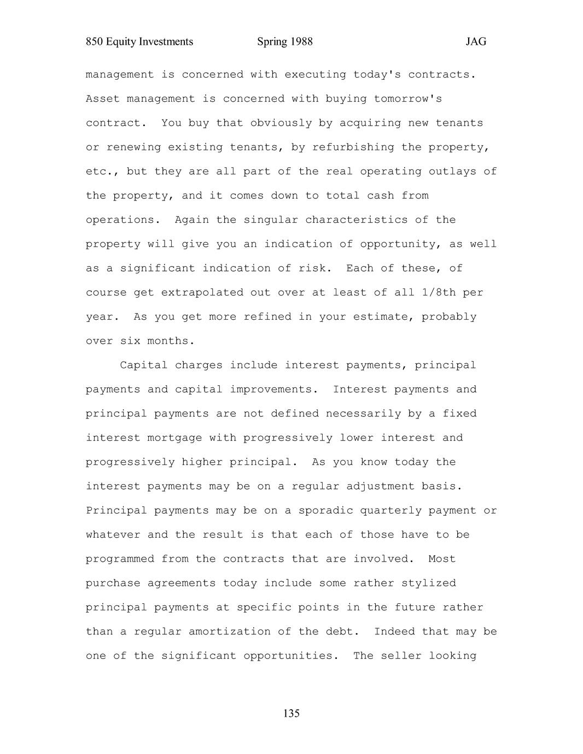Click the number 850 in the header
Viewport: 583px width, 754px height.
pyautogui.click(x=95, y=42)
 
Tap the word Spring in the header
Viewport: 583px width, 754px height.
pyautogui.click(x=272, y=42)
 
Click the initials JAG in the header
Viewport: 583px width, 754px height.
pyautogui.click(x=476, y=42)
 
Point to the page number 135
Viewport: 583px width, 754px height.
pyautogui.click(x=291, y=713)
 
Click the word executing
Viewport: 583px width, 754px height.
pyautogui.click(x=315, y=74)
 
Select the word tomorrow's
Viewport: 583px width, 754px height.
pyautogui.click(x=408, y=99)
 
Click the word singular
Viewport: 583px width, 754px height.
pyautogui.click(x=271, y=220)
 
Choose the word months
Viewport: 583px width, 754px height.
pyautogui.click(x=171, y=341)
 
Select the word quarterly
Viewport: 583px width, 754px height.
pyautogui.click(x=390, y=510)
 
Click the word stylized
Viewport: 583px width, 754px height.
pyautogui.click(x=428, y=583)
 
